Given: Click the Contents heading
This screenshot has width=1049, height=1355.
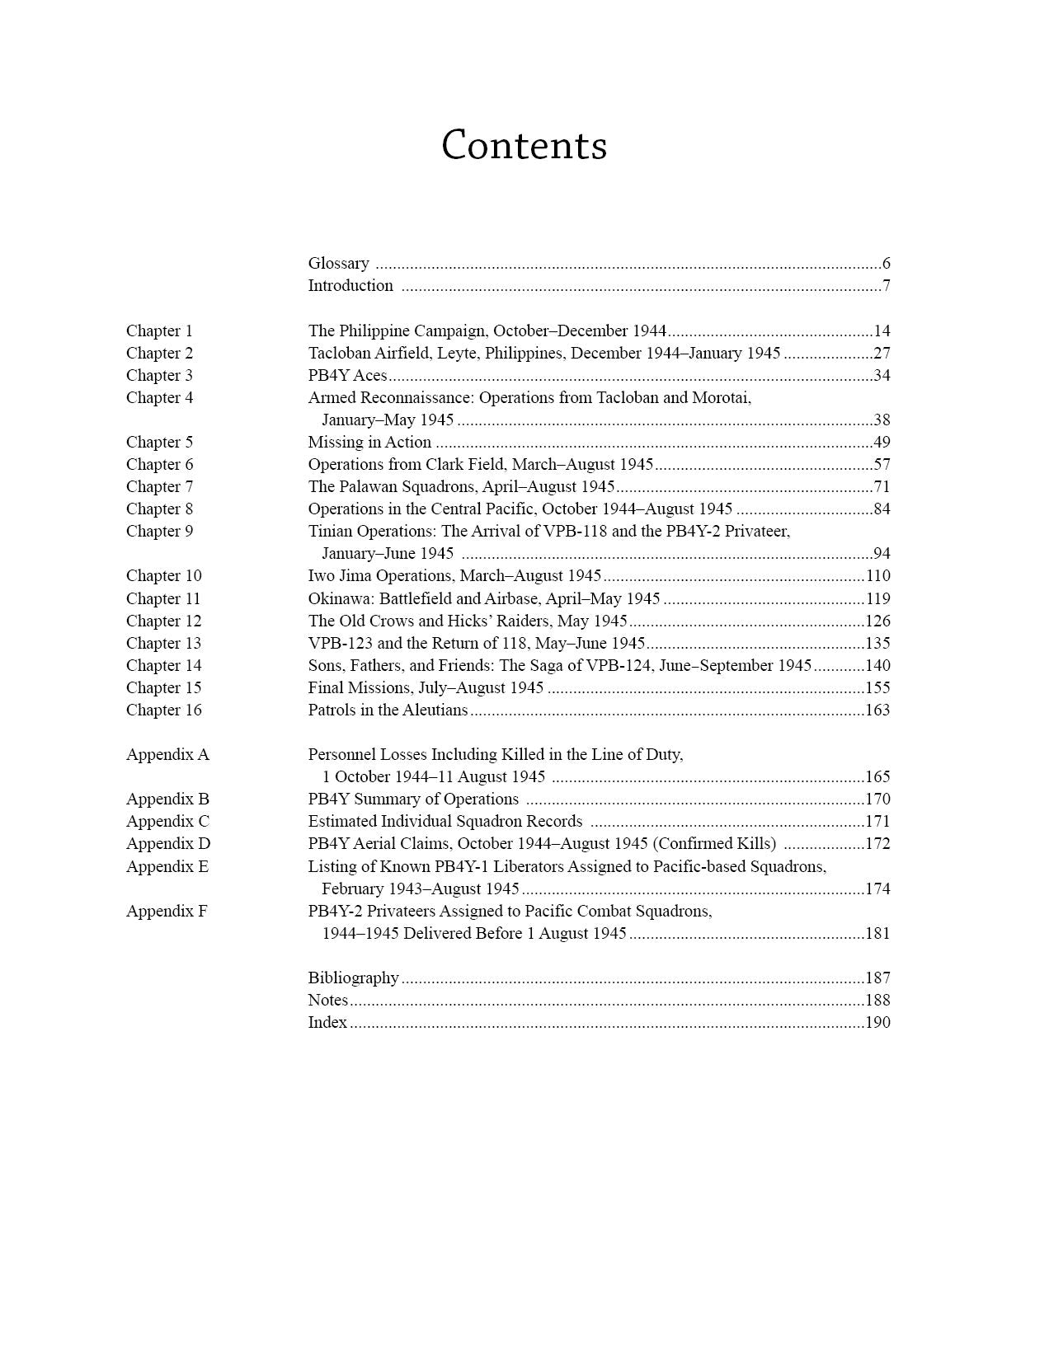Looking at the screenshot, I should point(524,146).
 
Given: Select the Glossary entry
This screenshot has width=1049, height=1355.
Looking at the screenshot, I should point(338,264).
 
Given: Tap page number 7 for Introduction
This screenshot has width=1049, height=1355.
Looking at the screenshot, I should point(886,286).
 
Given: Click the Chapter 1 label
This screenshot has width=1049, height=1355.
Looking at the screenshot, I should point(159,331).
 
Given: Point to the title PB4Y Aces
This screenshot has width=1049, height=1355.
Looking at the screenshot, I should point(347,376).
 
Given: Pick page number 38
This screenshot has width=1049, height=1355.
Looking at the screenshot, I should point(882,420).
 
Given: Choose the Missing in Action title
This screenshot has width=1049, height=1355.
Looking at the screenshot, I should point(369,443).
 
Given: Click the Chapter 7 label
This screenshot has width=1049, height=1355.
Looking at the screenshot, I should point(159,487).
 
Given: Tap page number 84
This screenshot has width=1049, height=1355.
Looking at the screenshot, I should point(882,509).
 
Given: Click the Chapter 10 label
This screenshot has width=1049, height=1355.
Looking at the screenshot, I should point(163,576).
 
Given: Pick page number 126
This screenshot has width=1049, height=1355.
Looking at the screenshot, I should point(877,621).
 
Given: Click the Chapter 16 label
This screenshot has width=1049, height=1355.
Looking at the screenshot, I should point(163,710).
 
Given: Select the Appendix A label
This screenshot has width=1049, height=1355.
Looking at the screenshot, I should point(167,755).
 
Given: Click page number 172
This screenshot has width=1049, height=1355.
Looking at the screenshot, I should point(877,844).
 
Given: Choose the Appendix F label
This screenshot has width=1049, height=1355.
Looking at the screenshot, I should point(167,912).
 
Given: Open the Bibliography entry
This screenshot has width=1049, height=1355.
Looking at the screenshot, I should point(353,978).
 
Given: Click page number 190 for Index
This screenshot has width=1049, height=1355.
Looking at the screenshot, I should point(877,1023).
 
